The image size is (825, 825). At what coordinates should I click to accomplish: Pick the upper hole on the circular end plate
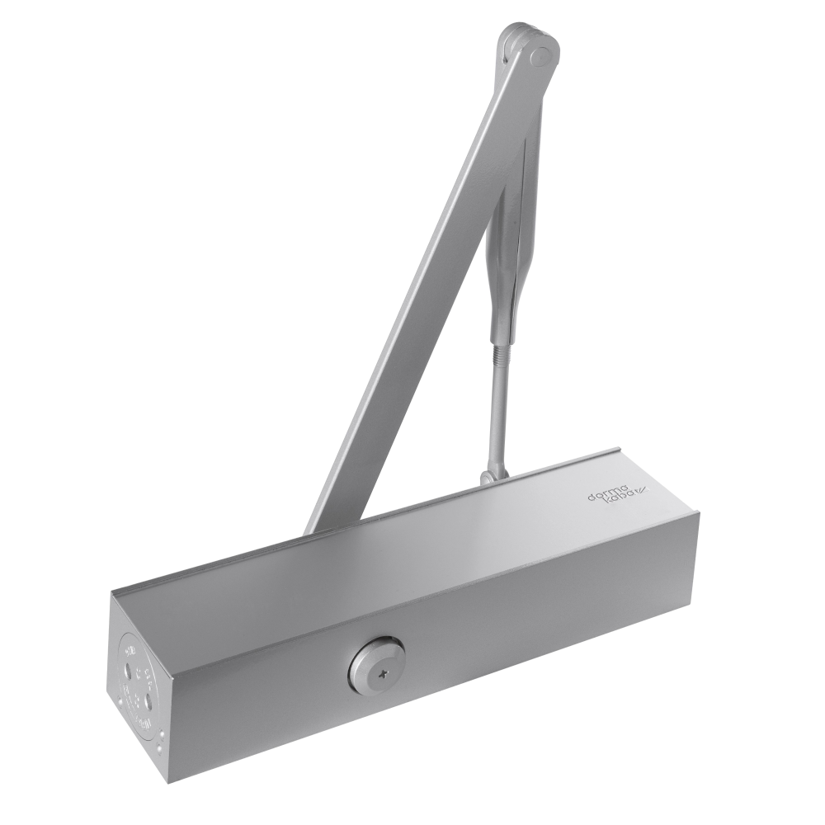[131, 656]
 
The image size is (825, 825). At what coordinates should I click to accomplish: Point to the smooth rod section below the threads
[495, 441]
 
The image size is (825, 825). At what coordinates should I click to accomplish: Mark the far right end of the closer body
[697, 561]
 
